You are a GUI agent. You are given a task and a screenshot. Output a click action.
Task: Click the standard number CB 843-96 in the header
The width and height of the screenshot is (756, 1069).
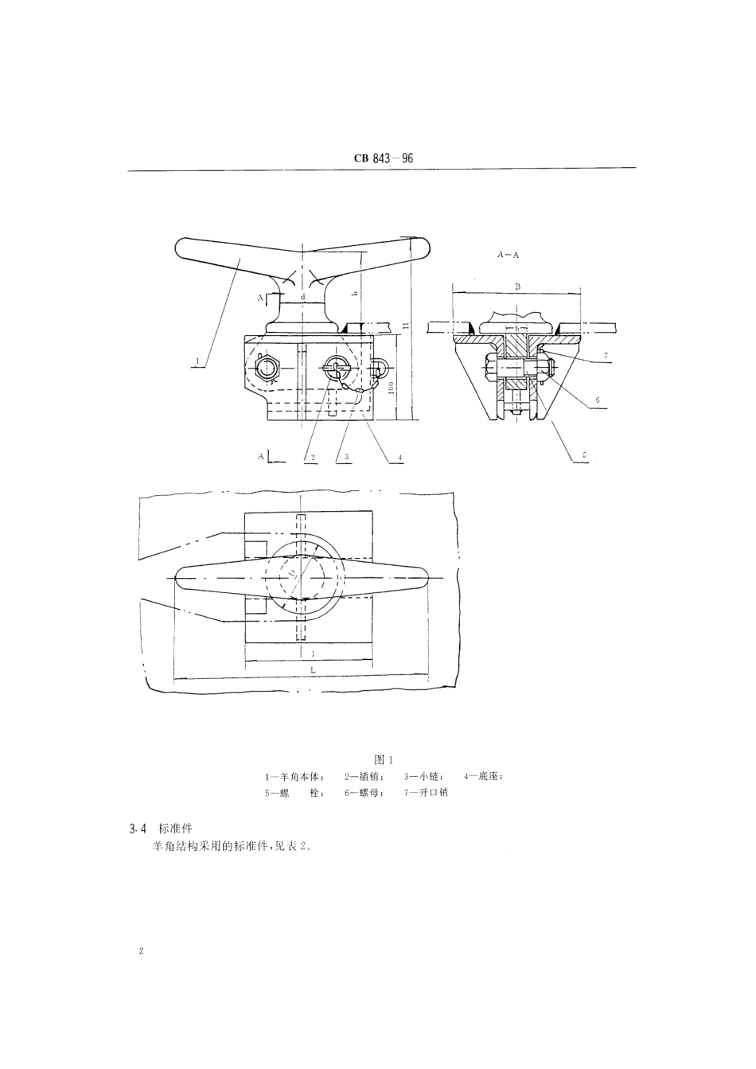point(384,158)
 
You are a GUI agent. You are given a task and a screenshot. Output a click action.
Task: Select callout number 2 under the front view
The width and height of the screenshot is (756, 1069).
point(314,458)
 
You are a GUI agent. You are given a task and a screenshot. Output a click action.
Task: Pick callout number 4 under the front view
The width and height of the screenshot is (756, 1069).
point(399,458)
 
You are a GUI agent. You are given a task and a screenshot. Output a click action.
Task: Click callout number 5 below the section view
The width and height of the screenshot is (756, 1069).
point(583,455)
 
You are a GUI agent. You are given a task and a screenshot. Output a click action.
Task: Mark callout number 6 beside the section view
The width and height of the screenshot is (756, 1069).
point(598,400)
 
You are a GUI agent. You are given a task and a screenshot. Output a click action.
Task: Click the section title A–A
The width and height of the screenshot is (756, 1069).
point(509,256)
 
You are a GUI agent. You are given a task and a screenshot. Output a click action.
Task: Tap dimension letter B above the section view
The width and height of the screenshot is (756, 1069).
point(516,284)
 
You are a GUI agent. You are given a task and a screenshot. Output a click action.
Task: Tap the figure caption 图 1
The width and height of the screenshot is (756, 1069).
point(384,759)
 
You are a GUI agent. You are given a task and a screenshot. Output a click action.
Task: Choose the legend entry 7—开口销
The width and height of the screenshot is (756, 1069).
point(426,793)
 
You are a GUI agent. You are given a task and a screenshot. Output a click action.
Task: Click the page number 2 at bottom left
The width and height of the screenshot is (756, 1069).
point(141,951)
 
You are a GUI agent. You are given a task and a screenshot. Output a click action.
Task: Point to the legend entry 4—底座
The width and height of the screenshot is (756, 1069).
point(483,776)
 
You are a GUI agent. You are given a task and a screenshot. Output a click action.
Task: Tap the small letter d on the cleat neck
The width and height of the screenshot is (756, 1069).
point(303,298)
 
